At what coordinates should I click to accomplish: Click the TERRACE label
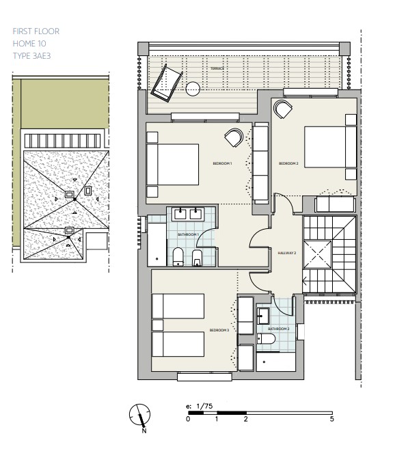tap(217, 68)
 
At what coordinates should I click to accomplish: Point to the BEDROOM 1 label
tap(223, 163)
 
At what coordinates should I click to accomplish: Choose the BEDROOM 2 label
tap(288, 163)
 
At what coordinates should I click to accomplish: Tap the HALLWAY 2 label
tap(286, 253)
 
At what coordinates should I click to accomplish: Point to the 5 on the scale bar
tap(331, 419)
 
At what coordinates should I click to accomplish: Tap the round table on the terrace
tap(194, 88)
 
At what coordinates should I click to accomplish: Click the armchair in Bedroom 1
tap(233, 137)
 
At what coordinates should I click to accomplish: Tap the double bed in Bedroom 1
tap(172, 163)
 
